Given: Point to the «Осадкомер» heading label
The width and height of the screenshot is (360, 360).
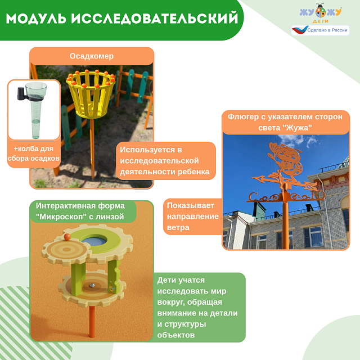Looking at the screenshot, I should point(92,56).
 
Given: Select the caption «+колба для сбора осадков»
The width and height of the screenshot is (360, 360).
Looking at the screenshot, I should point(34,154).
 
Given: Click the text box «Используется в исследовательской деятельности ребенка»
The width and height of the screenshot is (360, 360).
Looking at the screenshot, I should point(166,160).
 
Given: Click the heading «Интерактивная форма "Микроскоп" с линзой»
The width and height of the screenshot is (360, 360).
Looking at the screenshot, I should point(80,211).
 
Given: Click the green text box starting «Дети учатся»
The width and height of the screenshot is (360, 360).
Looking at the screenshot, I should point(200,307).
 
